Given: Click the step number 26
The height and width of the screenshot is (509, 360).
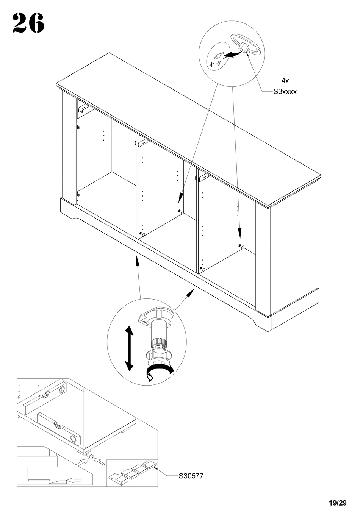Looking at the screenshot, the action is [x=28, y=23].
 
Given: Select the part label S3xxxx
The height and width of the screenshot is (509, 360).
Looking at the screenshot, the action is [x=285, y=91].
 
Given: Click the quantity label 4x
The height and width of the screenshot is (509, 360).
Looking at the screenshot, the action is [x=285, y=81].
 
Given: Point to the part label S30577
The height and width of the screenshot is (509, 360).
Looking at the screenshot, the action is [x=191, y=476].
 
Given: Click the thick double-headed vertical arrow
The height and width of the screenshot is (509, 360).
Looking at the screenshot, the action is [x=129, y=347].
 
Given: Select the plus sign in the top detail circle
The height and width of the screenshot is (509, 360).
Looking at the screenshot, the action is [x=211, y=64].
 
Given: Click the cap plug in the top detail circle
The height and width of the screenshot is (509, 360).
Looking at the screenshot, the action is [x=244, y=48].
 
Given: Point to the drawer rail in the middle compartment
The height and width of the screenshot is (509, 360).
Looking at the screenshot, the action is [x=143, y=142].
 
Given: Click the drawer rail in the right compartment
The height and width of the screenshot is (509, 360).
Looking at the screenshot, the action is [x=203, y=175].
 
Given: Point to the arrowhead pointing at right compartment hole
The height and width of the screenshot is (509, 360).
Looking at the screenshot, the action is [x=239, y=233].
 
